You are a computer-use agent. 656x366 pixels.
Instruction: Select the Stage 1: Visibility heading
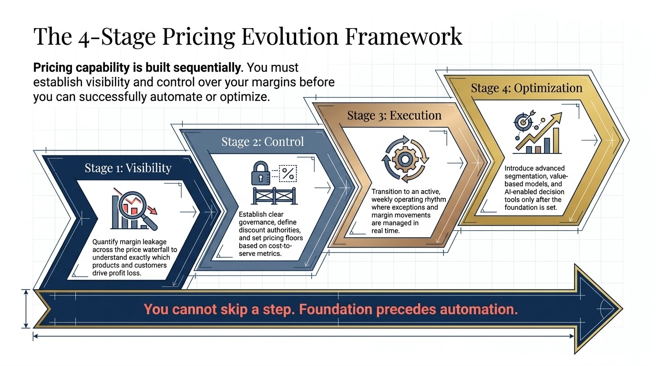128,168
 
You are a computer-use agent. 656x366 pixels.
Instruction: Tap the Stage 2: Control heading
262,142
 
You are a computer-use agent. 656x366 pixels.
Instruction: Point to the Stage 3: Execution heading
394,115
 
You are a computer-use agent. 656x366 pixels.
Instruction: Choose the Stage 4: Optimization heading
526,88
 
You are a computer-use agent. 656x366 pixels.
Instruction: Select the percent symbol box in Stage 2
287,173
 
